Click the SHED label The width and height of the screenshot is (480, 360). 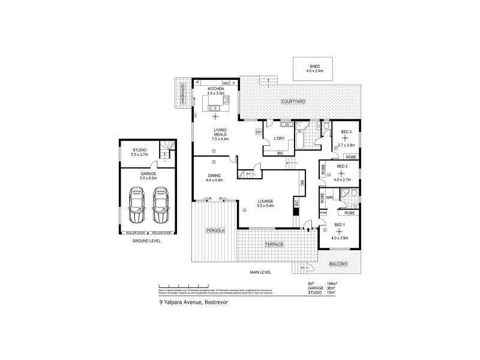[315, 66]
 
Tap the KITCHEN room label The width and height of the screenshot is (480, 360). [215, 89]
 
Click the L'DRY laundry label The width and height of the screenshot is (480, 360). [278, 139]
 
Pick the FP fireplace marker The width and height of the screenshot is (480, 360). [258, 131]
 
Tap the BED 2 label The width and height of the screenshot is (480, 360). [342, 166]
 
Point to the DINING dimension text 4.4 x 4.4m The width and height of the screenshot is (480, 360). [214, 180]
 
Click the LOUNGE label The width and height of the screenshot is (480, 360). [265, 201]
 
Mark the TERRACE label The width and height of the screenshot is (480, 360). [274, 245]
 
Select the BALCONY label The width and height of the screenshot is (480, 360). [339, 264]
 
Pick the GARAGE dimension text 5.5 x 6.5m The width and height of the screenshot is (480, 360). [140, 178]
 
